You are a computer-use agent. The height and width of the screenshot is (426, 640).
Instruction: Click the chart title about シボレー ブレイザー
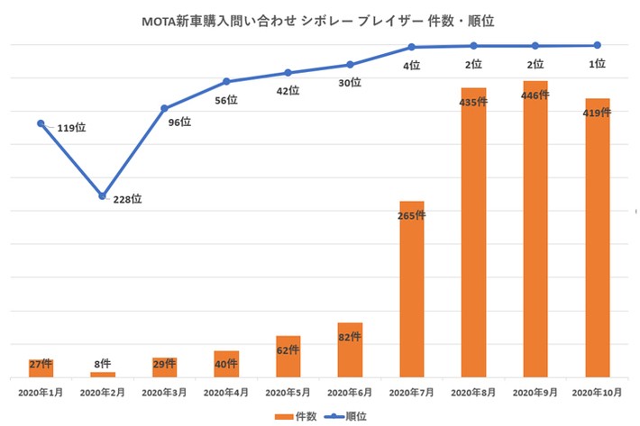[x=319, y=18]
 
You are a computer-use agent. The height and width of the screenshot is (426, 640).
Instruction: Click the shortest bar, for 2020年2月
[x=103, y=374]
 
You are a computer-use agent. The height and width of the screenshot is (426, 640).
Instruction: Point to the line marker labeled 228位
[x=103, y=195]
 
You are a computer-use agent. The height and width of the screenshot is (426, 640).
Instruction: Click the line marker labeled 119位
[x=41, y=122]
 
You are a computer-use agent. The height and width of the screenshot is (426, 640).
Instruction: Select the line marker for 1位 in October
[x=597, y=45]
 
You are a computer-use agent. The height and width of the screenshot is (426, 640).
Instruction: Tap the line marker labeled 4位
[x=412, y=47]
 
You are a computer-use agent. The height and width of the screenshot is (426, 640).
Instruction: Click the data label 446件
[x=535, y=95]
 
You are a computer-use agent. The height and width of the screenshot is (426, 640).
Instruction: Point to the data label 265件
[x=412, y=215]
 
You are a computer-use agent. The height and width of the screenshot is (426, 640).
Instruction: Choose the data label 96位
[x=179, y=122]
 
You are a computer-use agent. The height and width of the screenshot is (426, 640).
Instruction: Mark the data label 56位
[x=226, y=101]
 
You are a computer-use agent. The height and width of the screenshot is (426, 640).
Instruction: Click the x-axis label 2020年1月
[x=41, y=393]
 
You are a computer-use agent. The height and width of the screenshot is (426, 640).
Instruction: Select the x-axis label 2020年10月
[x=597, y=393]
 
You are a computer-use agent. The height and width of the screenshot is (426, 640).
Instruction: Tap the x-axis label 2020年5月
[x=288, y=393]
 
